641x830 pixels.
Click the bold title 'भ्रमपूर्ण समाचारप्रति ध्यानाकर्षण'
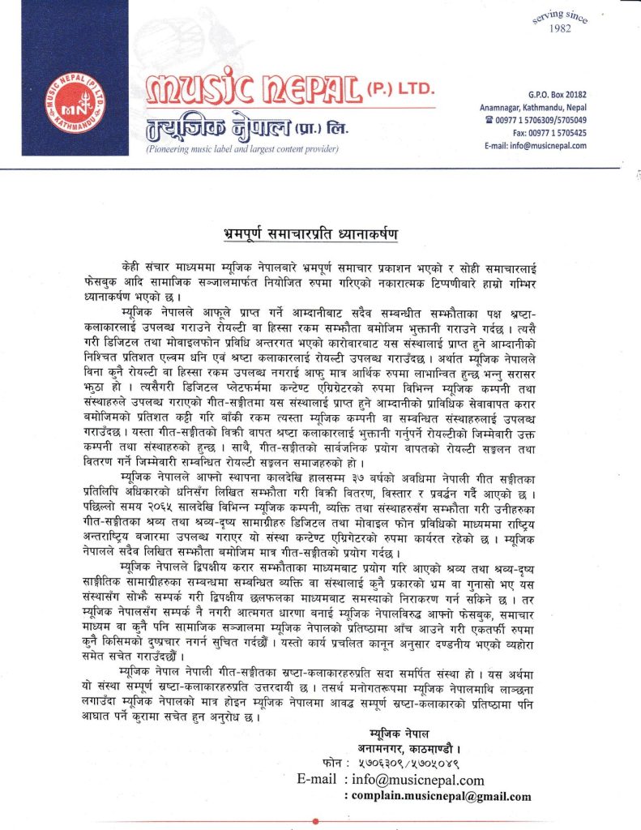322,234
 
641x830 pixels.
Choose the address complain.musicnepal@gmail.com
441,796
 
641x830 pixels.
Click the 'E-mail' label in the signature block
317,781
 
